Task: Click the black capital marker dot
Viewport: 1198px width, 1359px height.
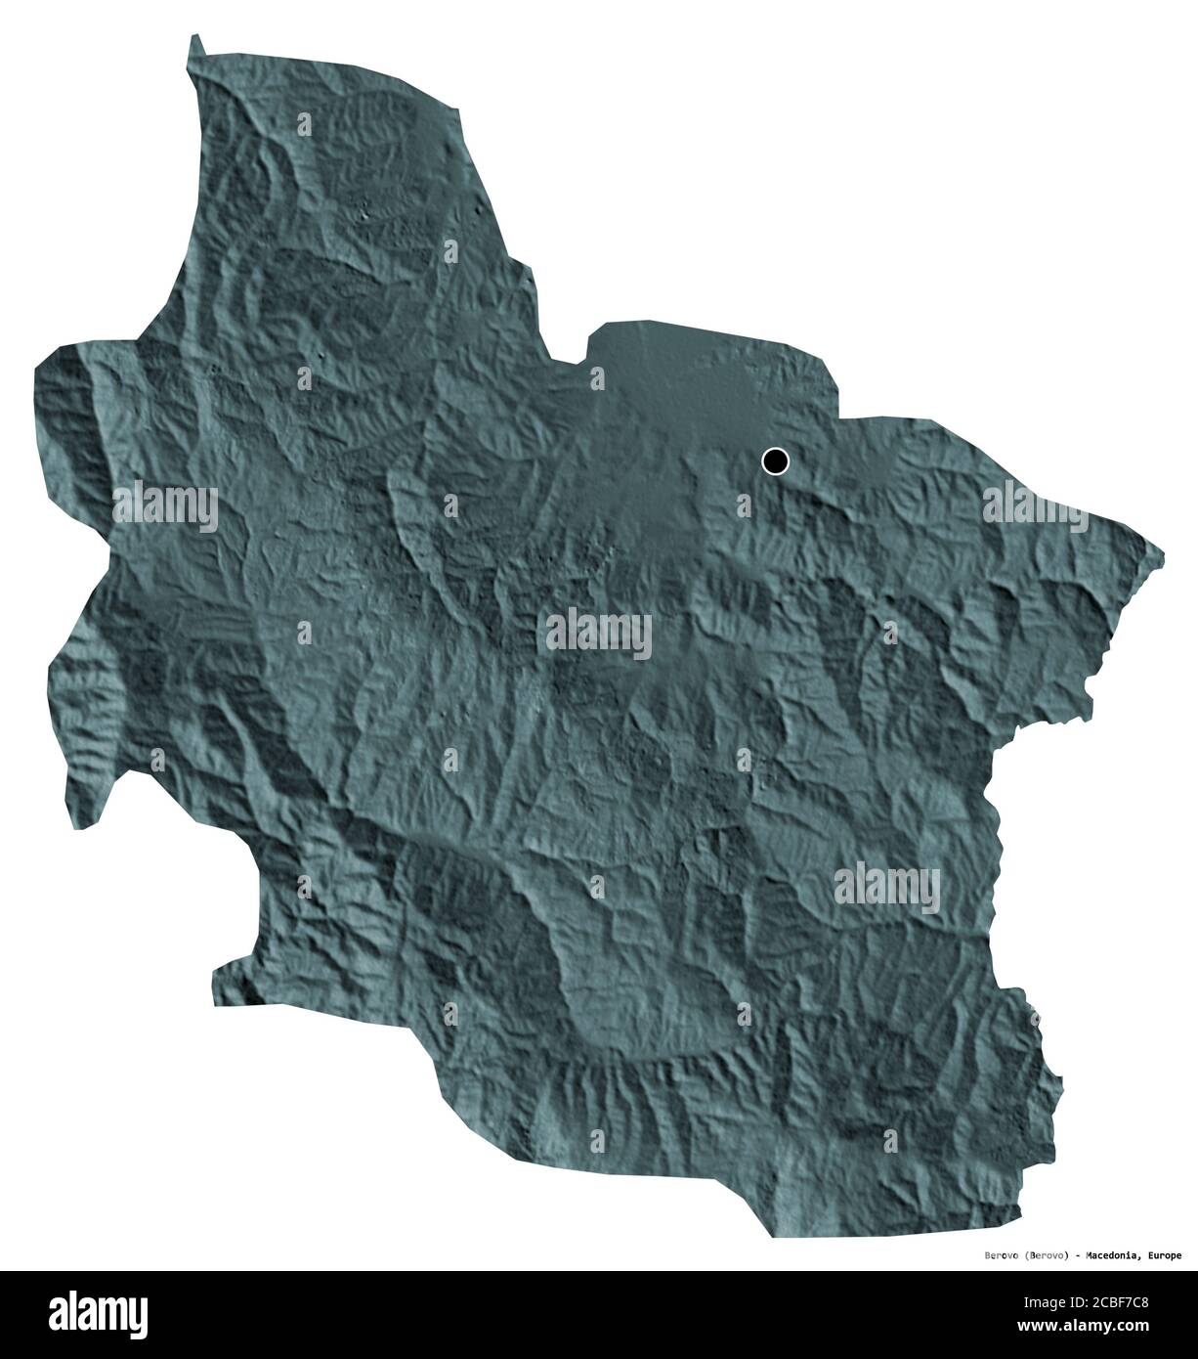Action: point(775,460)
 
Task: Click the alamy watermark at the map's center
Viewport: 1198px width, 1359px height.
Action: point(598,633)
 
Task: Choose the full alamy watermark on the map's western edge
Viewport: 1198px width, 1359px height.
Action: point(165,505)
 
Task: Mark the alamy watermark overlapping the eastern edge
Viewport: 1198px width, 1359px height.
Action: point(1035,505)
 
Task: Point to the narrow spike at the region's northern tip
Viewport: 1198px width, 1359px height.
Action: point(196,41)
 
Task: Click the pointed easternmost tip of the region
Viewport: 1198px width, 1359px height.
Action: point(1162,550)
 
